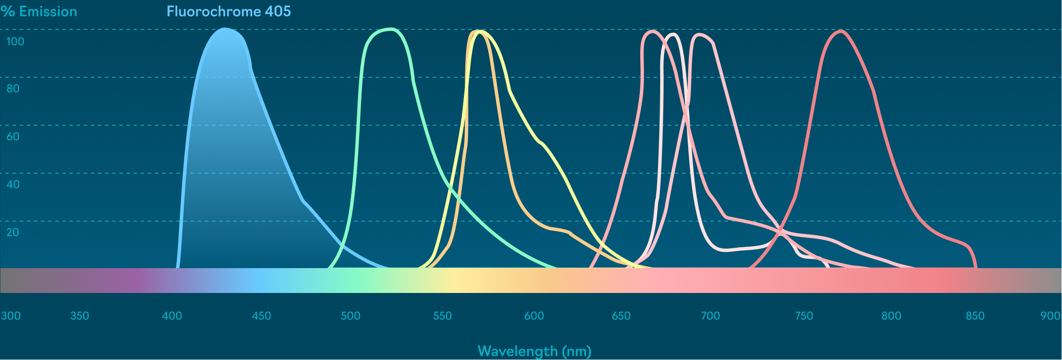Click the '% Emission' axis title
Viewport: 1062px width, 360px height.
pos(39,12)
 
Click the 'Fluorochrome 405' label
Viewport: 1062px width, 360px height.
pos(229,12)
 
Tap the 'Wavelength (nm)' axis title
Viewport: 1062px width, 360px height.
pos(535,351)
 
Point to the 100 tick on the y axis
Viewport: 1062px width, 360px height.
pos(15,42)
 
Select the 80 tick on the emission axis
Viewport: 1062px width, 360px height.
pos(13,89)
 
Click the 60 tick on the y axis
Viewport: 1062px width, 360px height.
pos(13,137)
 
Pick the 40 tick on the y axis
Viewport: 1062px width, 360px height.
pos(13,185)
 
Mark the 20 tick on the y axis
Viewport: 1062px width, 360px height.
pos(13,233)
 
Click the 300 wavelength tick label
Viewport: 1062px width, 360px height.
pos(11,316)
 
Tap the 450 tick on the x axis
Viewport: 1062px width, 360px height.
pos(261,316)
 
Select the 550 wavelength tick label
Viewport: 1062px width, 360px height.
pos(442,316)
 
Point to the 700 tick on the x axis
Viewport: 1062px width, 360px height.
pos(710,316)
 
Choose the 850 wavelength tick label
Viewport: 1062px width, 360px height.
pos(975,316)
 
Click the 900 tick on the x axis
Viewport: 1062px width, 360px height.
pos(1050,316)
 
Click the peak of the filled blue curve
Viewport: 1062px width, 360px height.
pos(225,29)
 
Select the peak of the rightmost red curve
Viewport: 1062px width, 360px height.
pos(840,31)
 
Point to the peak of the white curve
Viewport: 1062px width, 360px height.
pos(674,35)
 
